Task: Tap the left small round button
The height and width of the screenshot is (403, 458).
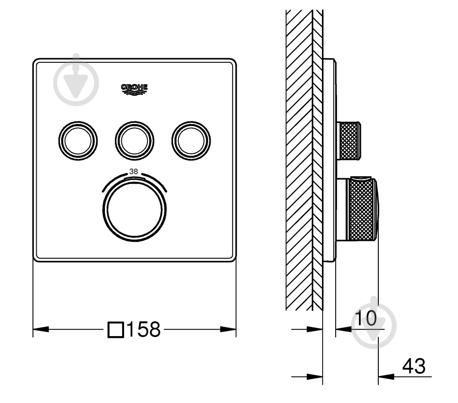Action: (x=78, y=141)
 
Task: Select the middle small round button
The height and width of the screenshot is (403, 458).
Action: (x=134, y=141)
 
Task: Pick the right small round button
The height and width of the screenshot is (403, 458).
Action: (x=191, y=141)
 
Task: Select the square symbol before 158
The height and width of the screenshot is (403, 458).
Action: (x=116, y=329)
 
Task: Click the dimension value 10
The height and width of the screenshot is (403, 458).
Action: (x=365, y=317)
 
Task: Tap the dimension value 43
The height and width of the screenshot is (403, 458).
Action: (x=414, y=366)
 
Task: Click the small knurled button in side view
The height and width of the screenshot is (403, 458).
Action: (x=349, y=141)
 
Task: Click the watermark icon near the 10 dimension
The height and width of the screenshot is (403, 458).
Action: (x=374, y=325)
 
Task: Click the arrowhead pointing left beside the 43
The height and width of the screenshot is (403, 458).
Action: (x=385, y=377)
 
